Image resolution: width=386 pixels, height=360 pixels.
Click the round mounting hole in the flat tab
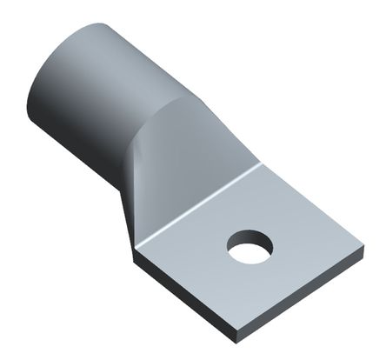[250, 247]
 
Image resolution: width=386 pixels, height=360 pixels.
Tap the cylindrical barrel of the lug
[96, 87]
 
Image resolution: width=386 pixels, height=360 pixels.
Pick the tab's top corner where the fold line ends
[260, 163]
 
